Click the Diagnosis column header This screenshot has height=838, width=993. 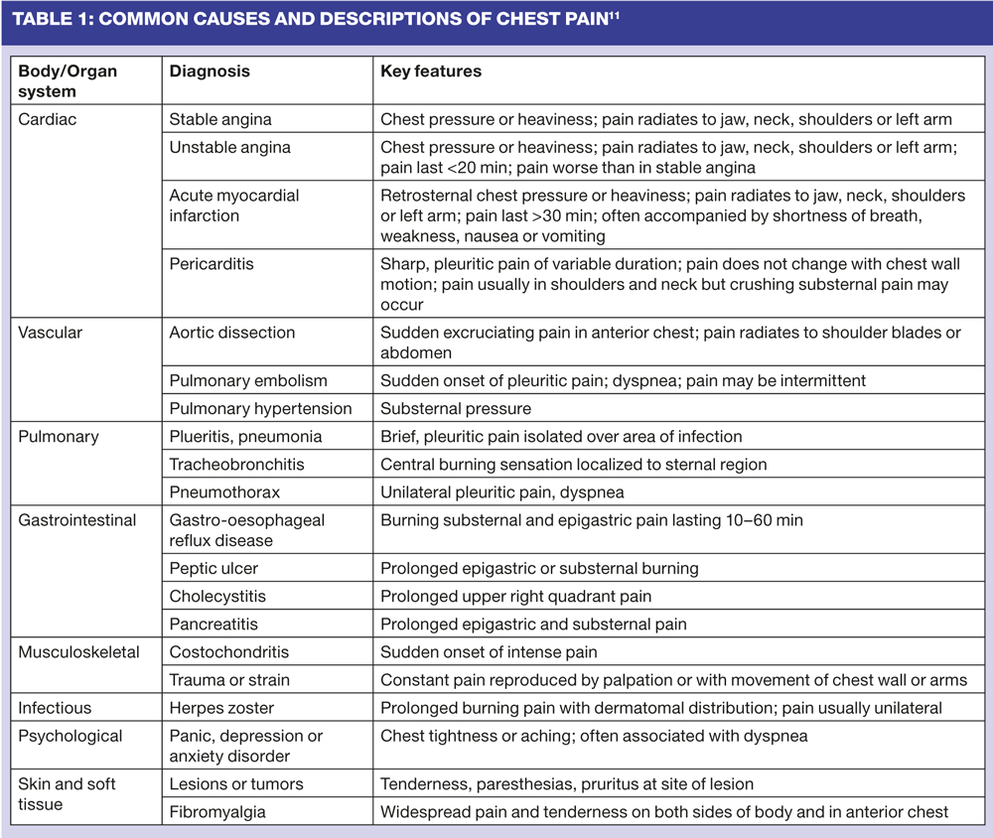tap(210, 71)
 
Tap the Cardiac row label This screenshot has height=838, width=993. tap(48, 119)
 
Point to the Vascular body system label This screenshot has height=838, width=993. tap(51, 333)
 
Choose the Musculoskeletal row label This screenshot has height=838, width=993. tap(78, 652)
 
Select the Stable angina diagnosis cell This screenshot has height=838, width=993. tap(220, 119)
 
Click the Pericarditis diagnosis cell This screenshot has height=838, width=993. tap(211, 265)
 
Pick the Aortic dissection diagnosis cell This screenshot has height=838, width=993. tap(232, 333)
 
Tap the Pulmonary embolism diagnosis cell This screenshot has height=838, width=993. tap(248, 380)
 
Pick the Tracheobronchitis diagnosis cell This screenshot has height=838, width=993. tap(236, 464)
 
